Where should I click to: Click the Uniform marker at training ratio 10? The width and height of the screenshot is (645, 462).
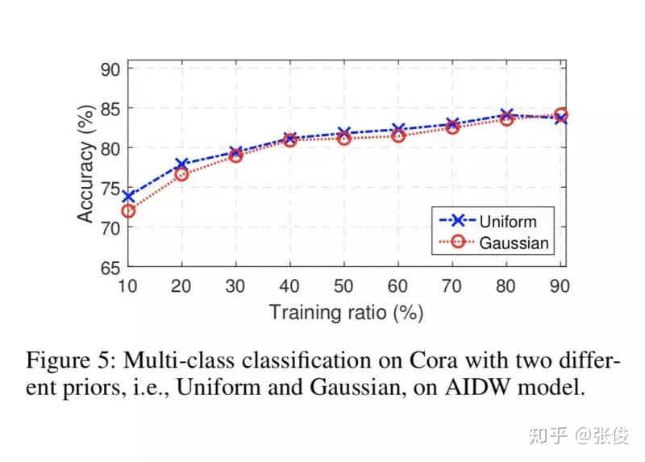coord(127,196)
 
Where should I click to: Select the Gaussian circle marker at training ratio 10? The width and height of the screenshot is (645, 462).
coord(127,211)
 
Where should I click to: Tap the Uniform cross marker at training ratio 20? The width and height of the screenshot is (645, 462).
coord(181,164)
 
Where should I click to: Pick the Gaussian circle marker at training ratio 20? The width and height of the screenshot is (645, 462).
coord(181,174)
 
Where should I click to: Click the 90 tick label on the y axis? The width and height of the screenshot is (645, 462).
coord(110,69)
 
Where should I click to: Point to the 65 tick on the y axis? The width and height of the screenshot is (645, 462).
coord(110,268)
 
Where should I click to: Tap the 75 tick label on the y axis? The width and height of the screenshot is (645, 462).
coord(110,189)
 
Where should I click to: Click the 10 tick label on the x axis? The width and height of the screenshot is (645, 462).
coord(127,286)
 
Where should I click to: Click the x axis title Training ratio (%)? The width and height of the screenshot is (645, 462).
coord(346,312)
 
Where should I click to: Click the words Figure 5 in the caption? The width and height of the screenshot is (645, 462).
coord(64,359)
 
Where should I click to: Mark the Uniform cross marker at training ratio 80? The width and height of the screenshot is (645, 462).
coord(507,115)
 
